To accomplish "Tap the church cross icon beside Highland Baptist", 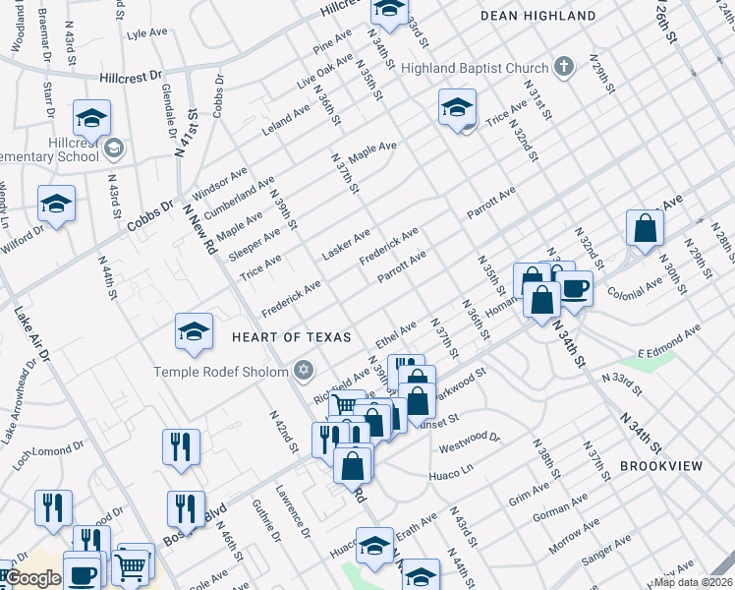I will pyautogui.click(x=563, y=67).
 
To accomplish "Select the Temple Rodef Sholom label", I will pyautogui.click(x=221, y=371).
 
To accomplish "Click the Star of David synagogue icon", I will pyautogui.click(x=304, y=370).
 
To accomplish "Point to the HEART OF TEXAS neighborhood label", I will pyautogui.click(x=291, y=337).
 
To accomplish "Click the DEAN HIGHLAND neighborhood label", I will pyautogui.click(x=537, y=16).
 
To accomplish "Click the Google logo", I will pyautogui.click(x=32, y=578).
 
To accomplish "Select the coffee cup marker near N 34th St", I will pyautogui.click(x=575, y=288).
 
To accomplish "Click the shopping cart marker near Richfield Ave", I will pyautogui.click(x=346, y=405).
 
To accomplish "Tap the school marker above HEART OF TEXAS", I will pyautogui.click(x=195, y=331).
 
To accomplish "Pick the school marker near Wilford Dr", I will pyautogui.click(x=56, y=205).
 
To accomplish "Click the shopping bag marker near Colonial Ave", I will pyautogui.click(x=646, y=228).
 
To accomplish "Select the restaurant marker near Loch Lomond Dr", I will pyautogui.click(x=182, y=446).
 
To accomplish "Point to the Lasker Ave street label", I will pyautogui.click(x=346, y=245).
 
